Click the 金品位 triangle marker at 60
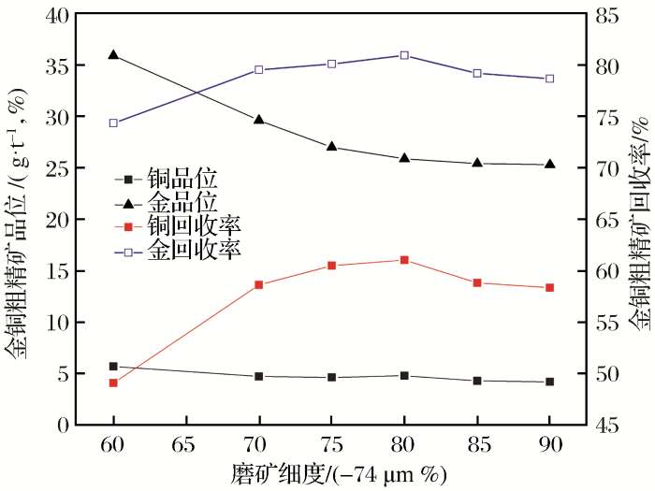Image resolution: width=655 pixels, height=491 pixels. pos(113,55)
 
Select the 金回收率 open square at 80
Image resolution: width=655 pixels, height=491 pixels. pos(404,55)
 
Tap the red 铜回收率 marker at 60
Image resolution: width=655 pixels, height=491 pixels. pos(113,383)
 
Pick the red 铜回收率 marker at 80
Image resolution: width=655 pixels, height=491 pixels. pos(404,260)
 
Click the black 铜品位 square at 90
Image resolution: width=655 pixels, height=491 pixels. pos(549,382)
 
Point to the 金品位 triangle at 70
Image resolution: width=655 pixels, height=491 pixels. pos(259,120)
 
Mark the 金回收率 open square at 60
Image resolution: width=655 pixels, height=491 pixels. pos(113,123)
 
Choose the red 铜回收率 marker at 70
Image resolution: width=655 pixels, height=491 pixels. pos(259,284)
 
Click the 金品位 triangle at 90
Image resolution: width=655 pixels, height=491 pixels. pos(549,165)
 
